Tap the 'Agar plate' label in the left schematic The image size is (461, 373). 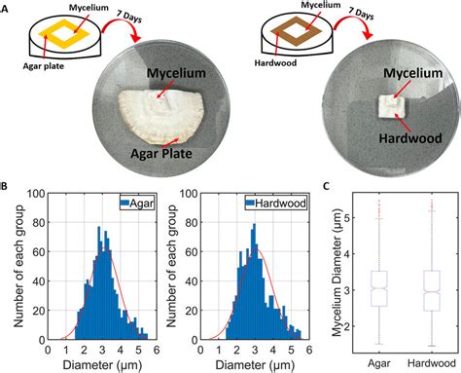(x=46, y=69)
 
